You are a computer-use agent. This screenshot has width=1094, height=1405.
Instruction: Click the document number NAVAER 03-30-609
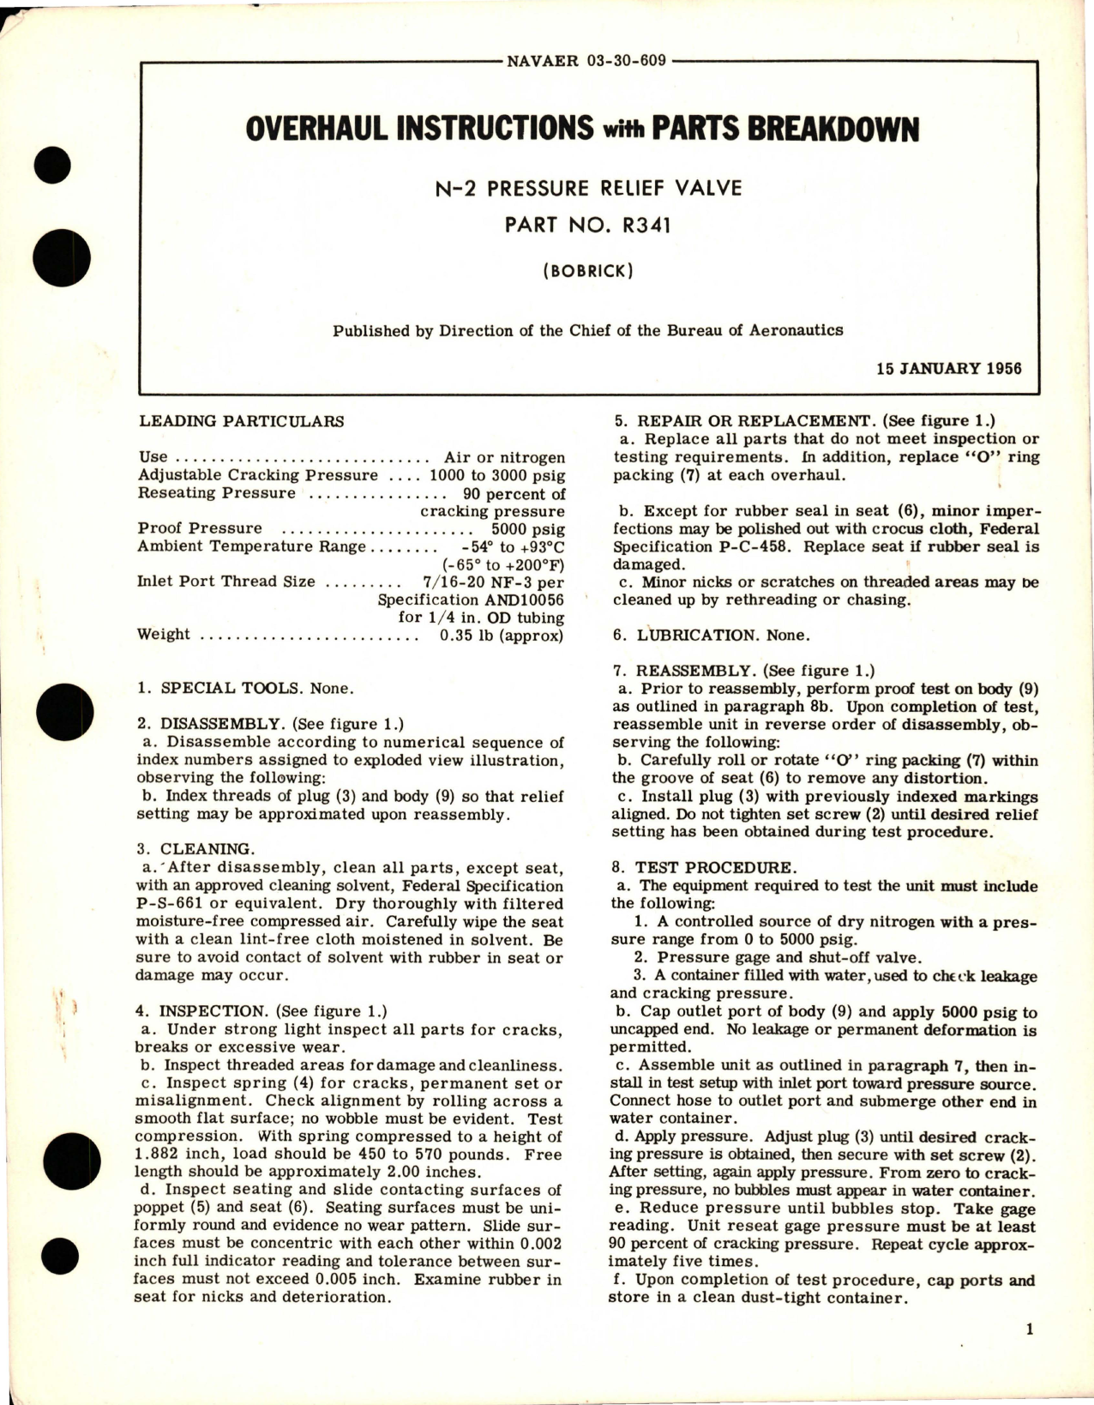pyautogui.click(x=586, y=61)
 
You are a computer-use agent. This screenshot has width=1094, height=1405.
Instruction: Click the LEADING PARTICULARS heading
pyautogui.click(x=241, y=421)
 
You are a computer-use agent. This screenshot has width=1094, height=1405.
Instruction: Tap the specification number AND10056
pyautogui.click(x=514, y=600)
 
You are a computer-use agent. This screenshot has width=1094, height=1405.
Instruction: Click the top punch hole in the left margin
pyautogui.click(x=56, y=166)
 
